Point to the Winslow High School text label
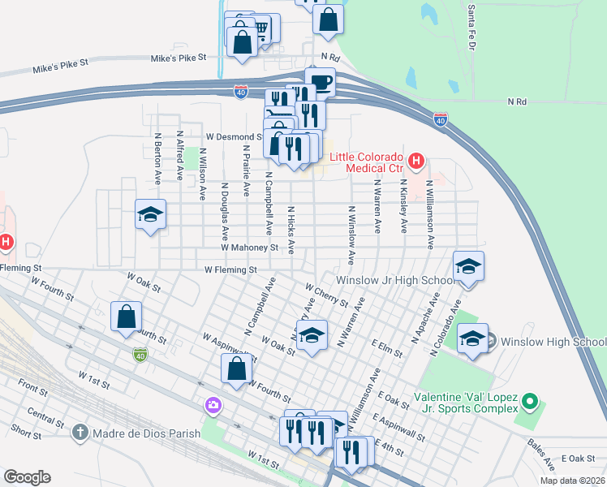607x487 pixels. tap(553, 341)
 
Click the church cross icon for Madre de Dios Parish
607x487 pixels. tap(79, 433)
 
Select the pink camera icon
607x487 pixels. tap(213, 405)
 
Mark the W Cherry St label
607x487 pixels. tap(326, 295)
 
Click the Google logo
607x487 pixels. tap(28, 477)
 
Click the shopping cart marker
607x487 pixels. tap(260, 29)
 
